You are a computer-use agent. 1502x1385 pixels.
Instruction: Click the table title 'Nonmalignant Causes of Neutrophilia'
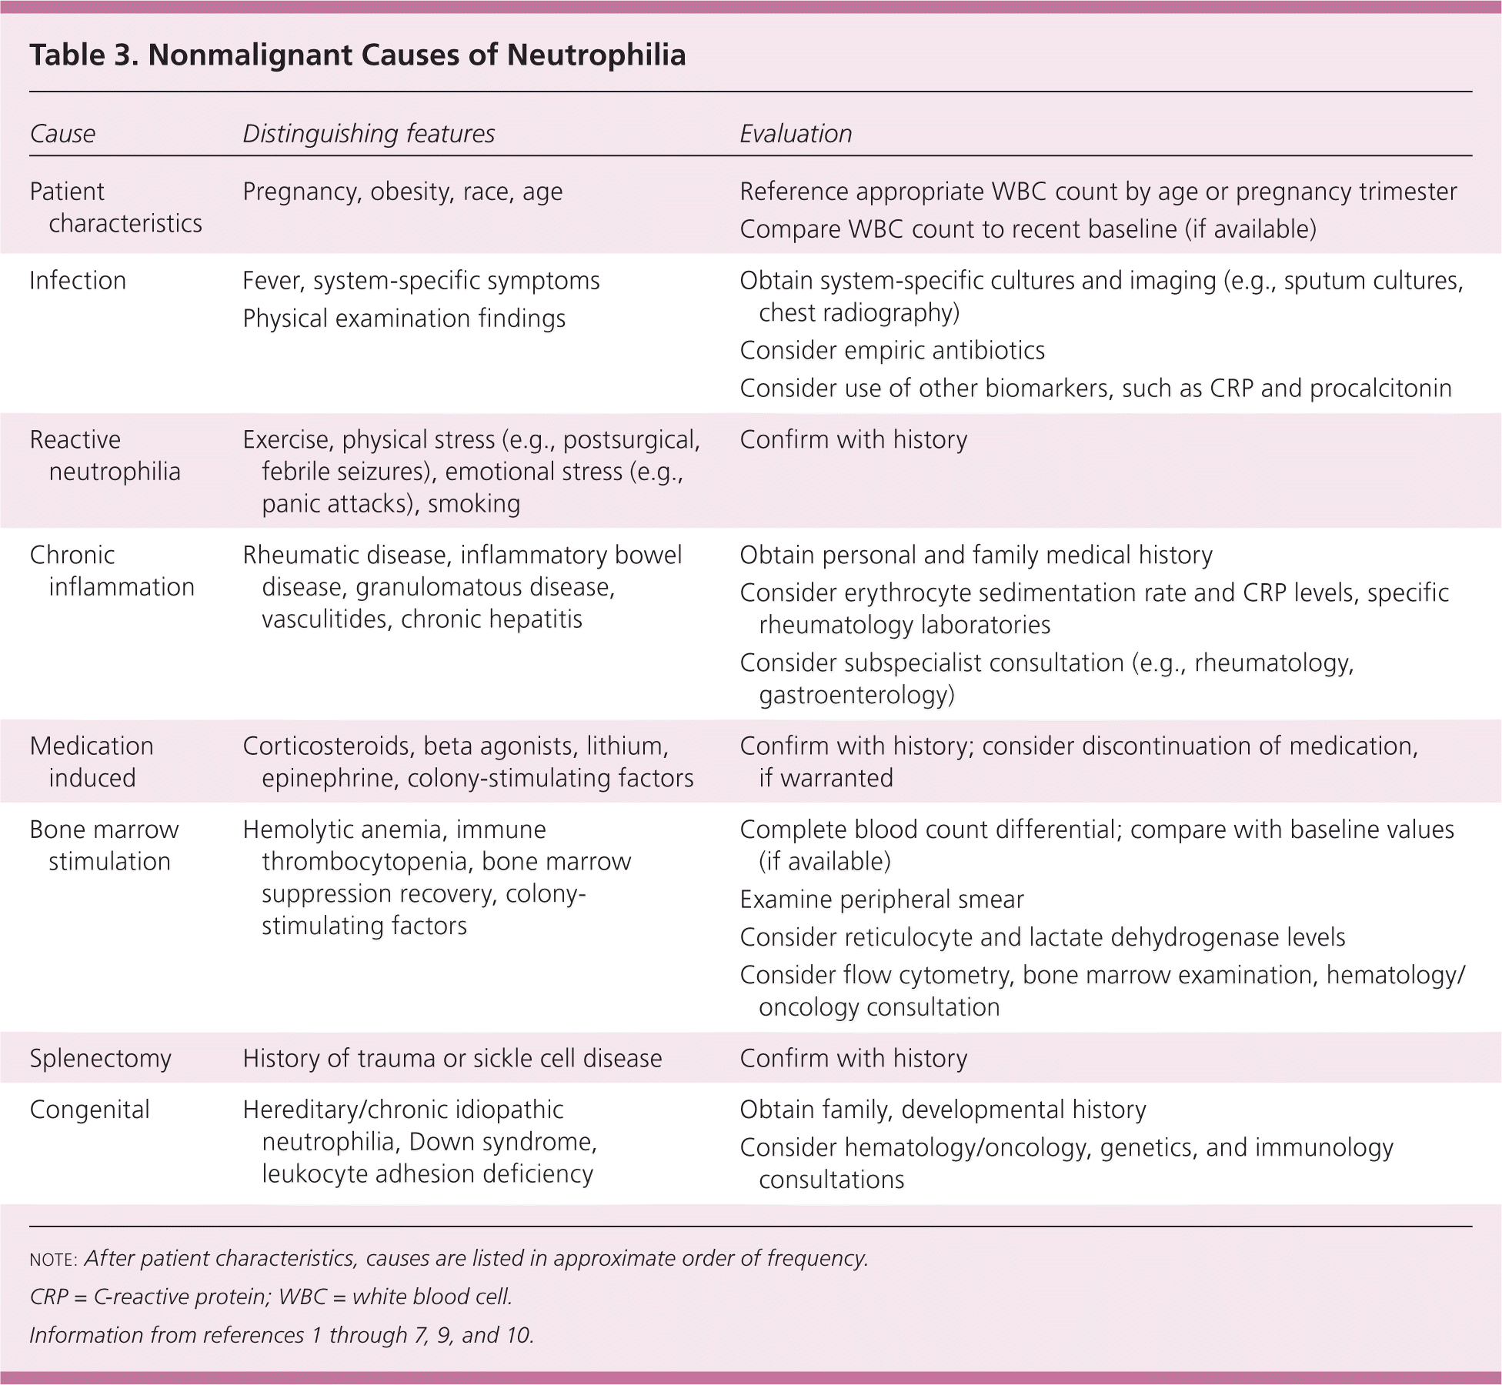416,55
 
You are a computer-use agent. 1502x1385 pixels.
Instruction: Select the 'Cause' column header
62,134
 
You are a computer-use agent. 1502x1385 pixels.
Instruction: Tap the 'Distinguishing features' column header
369,134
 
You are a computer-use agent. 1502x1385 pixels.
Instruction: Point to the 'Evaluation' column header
796,134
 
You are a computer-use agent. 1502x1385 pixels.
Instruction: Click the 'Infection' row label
78,281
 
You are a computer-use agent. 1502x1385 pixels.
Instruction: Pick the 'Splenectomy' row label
100,1059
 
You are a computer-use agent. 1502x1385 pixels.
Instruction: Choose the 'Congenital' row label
89,1110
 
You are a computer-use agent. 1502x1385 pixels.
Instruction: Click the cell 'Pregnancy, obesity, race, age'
402,192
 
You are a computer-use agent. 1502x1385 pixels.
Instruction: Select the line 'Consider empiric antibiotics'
892,351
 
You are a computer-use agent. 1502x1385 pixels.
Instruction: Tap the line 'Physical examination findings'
404,319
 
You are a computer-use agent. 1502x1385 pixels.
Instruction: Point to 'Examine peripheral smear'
882,899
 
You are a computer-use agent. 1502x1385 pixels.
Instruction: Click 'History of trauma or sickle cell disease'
452,1059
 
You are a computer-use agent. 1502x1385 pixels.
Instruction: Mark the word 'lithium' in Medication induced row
627,746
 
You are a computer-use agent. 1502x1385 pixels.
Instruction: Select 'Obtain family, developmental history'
943,1110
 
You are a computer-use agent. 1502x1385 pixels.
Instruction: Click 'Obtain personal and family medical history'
976,556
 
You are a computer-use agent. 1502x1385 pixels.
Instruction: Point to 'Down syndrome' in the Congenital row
502,1142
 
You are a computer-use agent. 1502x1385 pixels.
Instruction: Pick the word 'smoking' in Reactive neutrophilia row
474,504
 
